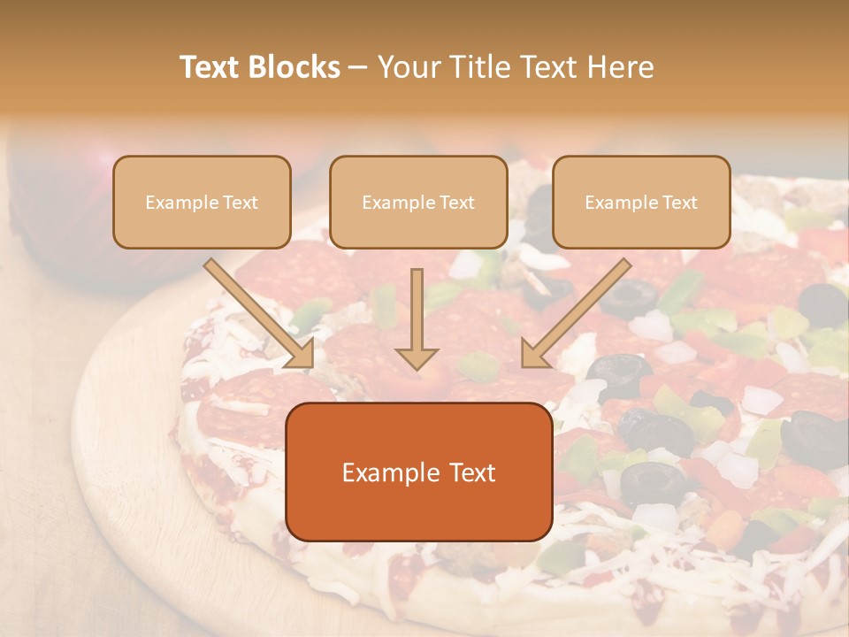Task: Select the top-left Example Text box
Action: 202,202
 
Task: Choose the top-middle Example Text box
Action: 418,202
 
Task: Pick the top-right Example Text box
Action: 641,202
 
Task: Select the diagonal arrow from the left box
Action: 256,310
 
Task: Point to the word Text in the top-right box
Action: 679,202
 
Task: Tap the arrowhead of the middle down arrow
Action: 417,357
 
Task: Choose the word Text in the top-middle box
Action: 456,202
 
